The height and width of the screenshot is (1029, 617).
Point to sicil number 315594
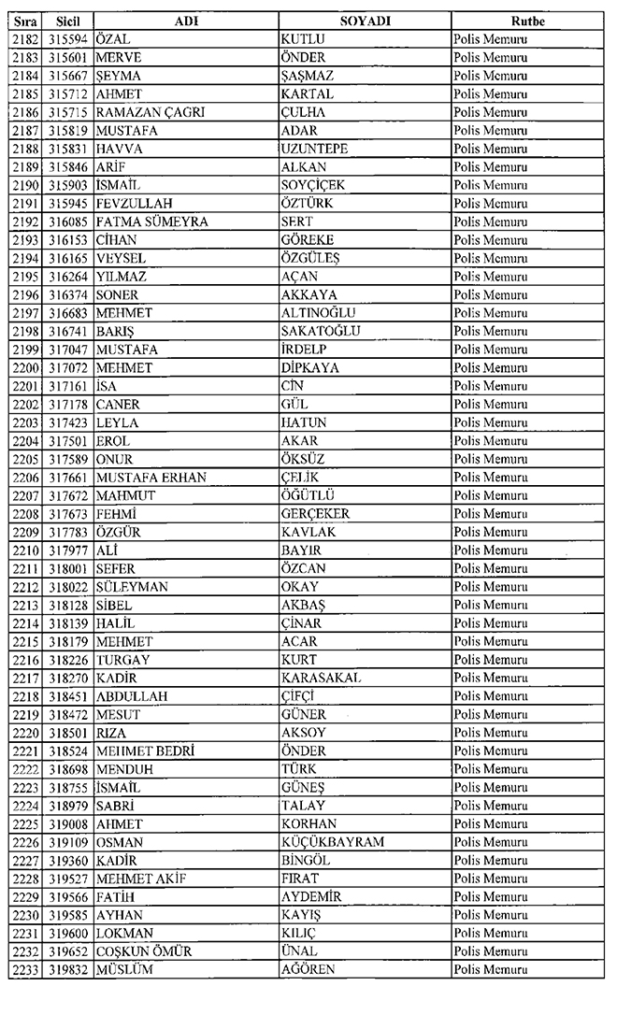click(67, 39)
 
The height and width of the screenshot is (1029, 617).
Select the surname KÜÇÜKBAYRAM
click(332, 842)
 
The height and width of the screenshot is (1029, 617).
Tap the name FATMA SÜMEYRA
click(151, 222)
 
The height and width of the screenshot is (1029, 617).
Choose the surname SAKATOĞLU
click(321, 331)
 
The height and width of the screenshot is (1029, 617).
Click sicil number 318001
click(67, 568)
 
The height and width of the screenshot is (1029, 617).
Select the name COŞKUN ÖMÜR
click(145, 951)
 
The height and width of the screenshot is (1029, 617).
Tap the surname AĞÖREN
click(308, 970)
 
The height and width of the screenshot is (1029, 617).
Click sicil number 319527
click(67, 879)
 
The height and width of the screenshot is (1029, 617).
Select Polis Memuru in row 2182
click(490, 39)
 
